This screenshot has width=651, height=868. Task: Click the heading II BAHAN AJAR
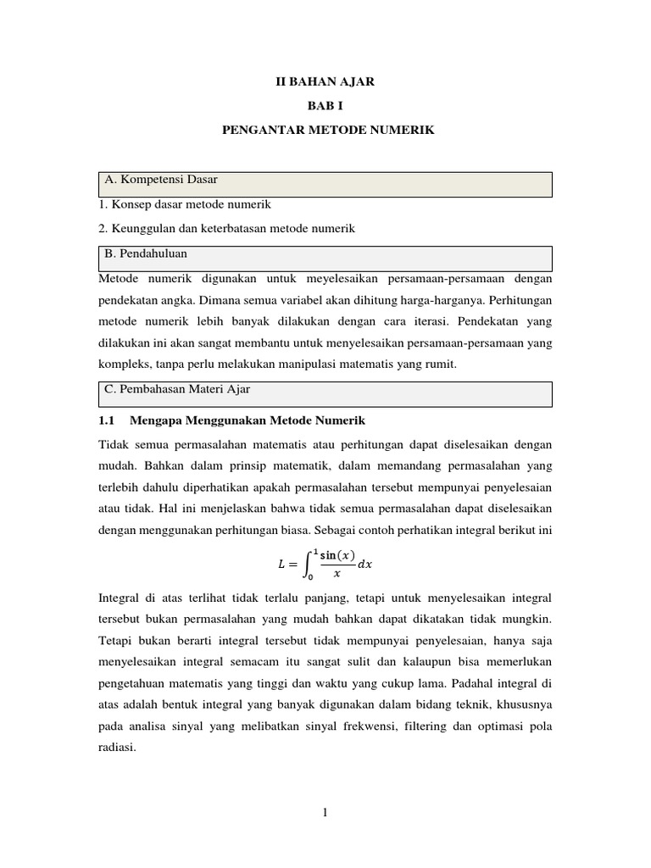(325, 82)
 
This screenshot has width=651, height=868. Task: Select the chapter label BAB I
(325, 106)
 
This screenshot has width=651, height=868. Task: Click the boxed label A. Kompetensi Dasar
(160, 180)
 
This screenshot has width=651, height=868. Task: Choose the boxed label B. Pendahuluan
(146, 253)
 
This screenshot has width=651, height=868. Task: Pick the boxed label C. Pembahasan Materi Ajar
(177, 389)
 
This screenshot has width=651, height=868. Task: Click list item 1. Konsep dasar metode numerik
(185, 204)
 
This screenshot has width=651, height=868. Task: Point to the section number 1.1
(106, 420)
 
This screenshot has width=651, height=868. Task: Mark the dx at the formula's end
(365, 564)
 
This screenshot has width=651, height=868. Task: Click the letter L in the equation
(283, 564)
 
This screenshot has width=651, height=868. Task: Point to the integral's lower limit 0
(310, 577)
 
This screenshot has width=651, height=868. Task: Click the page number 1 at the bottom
(325, 813)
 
